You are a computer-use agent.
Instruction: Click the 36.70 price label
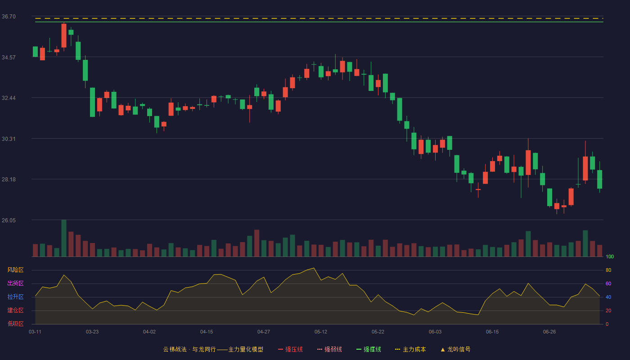tap(9, 17)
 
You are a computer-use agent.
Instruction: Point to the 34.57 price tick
tap(9, 58)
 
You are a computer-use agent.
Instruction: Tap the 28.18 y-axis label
tap(9, 180)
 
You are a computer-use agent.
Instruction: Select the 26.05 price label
tap(9, 220)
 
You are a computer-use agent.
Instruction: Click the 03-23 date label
tap(92, 332)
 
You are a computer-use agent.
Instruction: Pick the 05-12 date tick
tap(321, 332)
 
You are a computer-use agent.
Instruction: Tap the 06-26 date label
tap(549, 332)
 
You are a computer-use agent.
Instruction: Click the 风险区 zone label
tap(15, 270)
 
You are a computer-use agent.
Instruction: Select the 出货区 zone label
tap(15, 283)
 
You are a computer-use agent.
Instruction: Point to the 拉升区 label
tap(15, 297)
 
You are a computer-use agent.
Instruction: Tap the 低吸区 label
tap(15, 324)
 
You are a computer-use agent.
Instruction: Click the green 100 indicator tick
tap(610, 256)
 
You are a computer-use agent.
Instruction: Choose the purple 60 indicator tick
tap(608, 283)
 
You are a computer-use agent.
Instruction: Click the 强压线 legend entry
tap(290, 349)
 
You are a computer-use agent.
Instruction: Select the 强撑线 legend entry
tap(369, 349)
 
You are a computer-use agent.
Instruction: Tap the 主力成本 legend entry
tap(410, 349)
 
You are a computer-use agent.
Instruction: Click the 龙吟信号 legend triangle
tap(443, 350)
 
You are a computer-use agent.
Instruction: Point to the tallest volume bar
tap(64, 238)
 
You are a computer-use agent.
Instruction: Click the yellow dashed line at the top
tap(319, 18)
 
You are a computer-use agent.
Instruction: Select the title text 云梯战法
tap(175, 349)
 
